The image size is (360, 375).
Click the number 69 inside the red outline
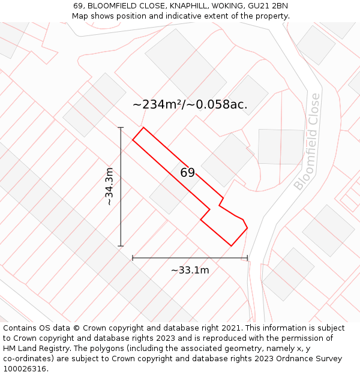tap(188, 173)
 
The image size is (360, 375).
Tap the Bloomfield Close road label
tap(307, 142)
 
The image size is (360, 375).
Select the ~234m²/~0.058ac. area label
tap(190, 104)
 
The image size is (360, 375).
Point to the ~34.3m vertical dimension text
tap(109, 187)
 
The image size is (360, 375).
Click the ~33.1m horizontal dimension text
tap(190, 270)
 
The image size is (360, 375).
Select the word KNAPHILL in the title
tap(173, 6)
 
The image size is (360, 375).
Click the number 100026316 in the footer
tap(25, 368)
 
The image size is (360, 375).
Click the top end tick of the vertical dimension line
tap(121, 127)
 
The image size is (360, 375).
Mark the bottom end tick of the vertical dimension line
tap(121, 246)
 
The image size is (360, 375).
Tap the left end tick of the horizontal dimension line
tap(133, 258)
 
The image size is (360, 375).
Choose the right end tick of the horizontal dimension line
tap(247, 258)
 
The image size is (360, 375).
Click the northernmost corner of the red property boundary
tap(143, 127)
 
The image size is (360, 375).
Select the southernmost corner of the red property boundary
tap(232, 245)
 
